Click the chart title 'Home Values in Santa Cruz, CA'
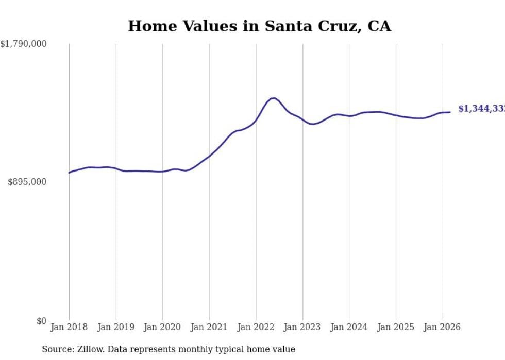click(259, 26)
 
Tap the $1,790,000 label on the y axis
click(23, 44)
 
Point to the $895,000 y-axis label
click(27, 182)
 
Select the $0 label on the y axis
click(41, 321)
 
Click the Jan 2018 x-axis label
click(69, 327)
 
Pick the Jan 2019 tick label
click(116, 327)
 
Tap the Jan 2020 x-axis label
click(162, 327)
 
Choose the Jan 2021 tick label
click(209, 327)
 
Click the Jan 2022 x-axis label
click(256, 327)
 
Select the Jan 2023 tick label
click(302, 327)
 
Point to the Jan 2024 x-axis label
click(349, 327)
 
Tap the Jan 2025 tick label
click(396, 327)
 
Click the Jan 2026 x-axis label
click(442, 327)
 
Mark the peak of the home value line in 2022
click(274, 98)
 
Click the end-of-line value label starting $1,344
click(481, 109)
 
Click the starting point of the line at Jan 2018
click(69, 173)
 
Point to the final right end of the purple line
click(450, 112)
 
